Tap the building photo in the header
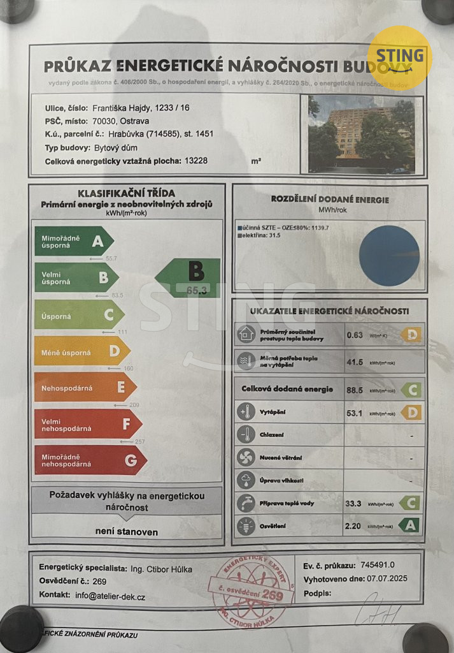coord(361,135)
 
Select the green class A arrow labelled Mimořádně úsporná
coord(73,241)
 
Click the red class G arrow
coord(90,460)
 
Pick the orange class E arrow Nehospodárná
coord(85,387)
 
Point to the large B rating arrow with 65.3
coord(189,277)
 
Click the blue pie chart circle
coord(389,255)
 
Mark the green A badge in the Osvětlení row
coord(411,525)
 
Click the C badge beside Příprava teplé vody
coord(411,503)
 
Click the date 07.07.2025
coord(384,579)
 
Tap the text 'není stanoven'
coord(127,531)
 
